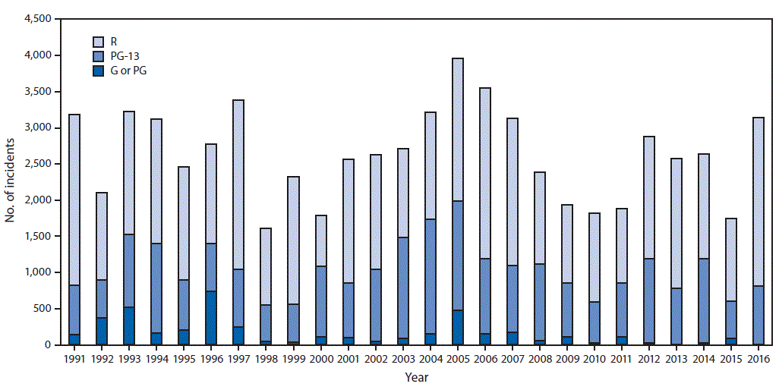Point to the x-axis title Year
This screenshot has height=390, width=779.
415,377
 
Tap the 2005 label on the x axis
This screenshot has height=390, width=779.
458,358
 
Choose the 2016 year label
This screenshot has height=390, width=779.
758,358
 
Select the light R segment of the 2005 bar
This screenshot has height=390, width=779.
458,129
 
